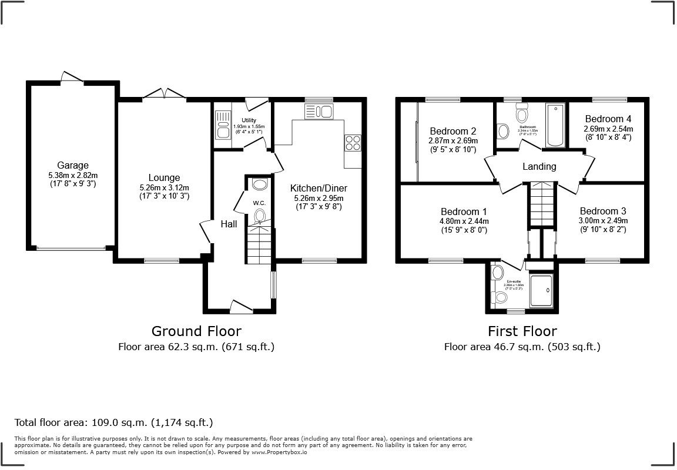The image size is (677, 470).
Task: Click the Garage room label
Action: click(x=73, y=165)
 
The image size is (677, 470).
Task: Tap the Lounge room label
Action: click(x=164, y=178)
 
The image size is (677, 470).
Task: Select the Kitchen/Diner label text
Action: click(x=319, y=189)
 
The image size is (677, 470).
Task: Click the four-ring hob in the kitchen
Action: click(x=353, y=143)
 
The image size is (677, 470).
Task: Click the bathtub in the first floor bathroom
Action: click(x=555, y=125)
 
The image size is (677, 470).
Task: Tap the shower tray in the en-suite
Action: click(x=541, y=290)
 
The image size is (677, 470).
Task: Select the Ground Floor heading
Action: click(x=196, y=331)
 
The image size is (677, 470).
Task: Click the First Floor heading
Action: click(x=522, y=331)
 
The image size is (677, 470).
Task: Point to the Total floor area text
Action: click(x=113, y=422)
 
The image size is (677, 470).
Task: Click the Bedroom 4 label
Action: click(x=608, y=119)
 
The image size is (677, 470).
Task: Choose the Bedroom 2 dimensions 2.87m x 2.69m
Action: click(x=453, y=141)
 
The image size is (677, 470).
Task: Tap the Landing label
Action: click(x=539, y=167)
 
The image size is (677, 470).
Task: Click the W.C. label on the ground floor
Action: click(x=260, y=203)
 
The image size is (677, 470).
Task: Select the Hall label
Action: click(x=229, y=224)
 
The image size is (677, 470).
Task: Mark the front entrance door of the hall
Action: click(x=242, y=306)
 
